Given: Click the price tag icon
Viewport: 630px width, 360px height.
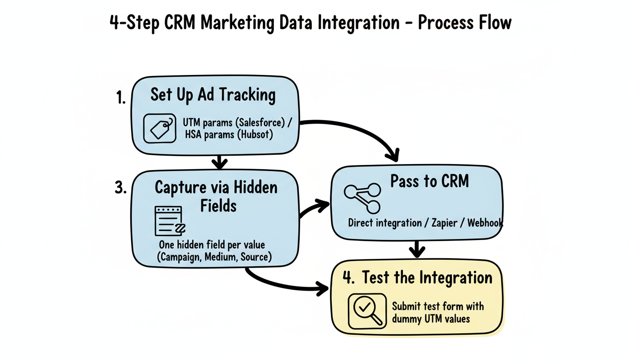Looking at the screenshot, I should [x=159, y=128].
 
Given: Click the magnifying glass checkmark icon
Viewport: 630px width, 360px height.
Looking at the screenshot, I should [x=367, y=311].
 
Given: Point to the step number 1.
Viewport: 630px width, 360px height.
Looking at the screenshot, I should [x=120, y=98].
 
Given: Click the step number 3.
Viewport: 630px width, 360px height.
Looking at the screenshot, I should [x=120, y=187].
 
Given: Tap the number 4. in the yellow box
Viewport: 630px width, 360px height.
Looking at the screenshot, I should [x=348, y=277].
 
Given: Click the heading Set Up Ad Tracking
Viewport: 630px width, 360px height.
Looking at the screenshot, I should [x=213, y=95].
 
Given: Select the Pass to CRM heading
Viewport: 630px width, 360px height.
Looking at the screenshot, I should [x=429, y=181].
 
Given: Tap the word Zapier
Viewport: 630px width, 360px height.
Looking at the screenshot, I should [x=445, y=223].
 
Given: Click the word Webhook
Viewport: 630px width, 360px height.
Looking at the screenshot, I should [x=485, y=223].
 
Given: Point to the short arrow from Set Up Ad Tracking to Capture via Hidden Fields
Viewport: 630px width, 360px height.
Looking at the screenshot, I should [x=219, y=162].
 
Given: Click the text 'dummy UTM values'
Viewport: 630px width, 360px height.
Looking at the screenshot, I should [x=430, y=318].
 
